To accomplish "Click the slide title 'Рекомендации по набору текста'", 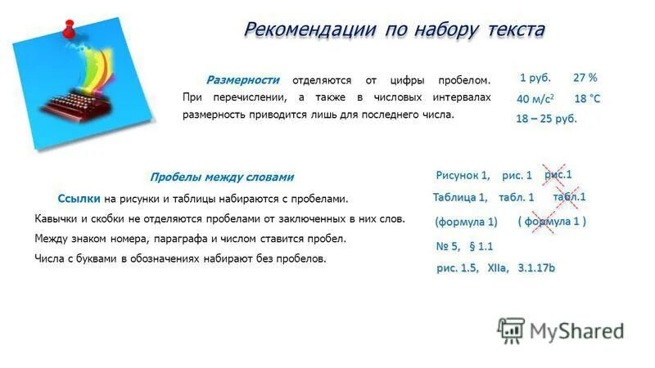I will click(x=394, y=29).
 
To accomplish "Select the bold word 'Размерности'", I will click(x=242, y=80).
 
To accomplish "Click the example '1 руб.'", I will click(x=535, y=78).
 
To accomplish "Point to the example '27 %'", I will click(x=585, y=78).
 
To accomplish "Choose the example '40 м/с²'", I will click(x=535, y=99).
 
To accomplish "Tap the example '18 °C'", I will click(x=586, y=99).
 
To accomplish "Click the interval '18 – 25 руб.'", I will click(x=546, y=119).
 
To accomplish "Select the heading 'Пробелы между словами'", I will click(x=222, y=177).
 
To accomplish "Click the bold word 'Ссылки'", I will click(x=79, y=199).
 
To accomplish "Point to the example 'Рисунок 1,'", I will click(x=463, y=175).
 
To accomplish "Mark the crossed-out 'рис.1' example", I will click(x=558, y=173).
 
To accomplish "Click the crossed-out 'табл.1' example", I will click(x=569, y=197).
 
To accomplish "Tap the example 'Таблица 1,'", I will click(x=460, y=197).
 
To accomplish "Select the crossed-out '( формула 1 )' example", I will click(x=552, y=222).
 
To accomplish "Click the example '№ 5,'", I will click(x=448, y=246).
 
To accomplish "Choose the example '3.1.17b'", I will click(x=536, y=267).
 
